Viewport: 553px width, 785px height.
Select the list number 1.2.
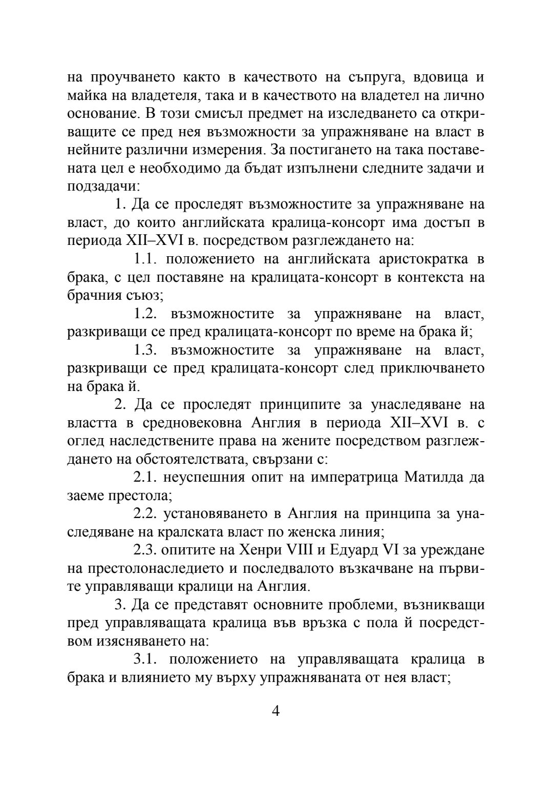click(146, 314)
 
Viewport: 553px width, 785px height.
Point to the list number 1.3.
click(146, 350)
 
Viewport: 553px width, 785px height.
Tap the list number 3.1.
click(145, 659)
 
